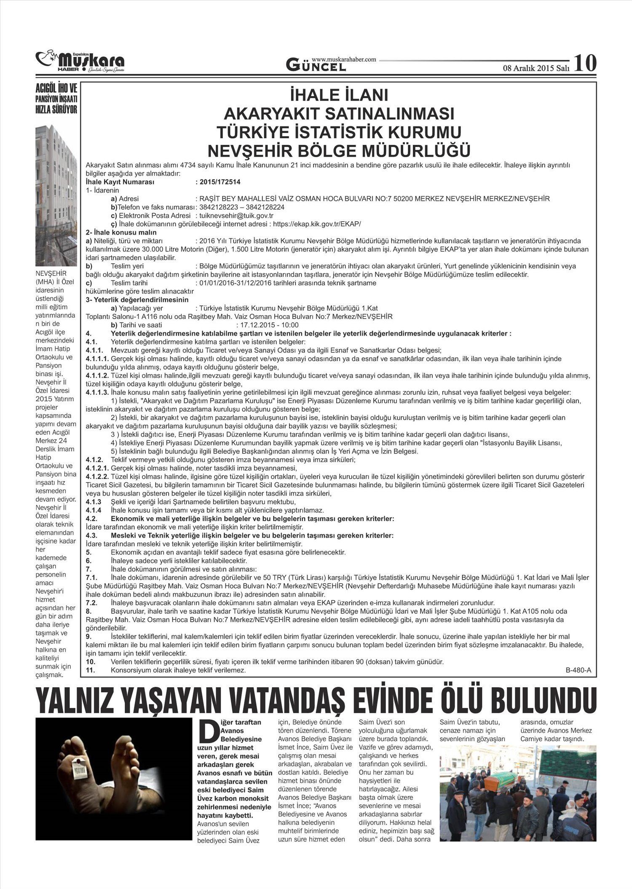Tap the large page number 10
(x=585, y=63)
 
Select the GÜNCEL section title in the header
(x=316, y=65)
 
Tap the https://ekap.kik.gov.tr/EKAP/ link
(x=317, y=224)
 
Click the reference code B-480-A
(x=575, y=670)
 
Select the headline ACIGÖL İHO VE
(x=56, y=89)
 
